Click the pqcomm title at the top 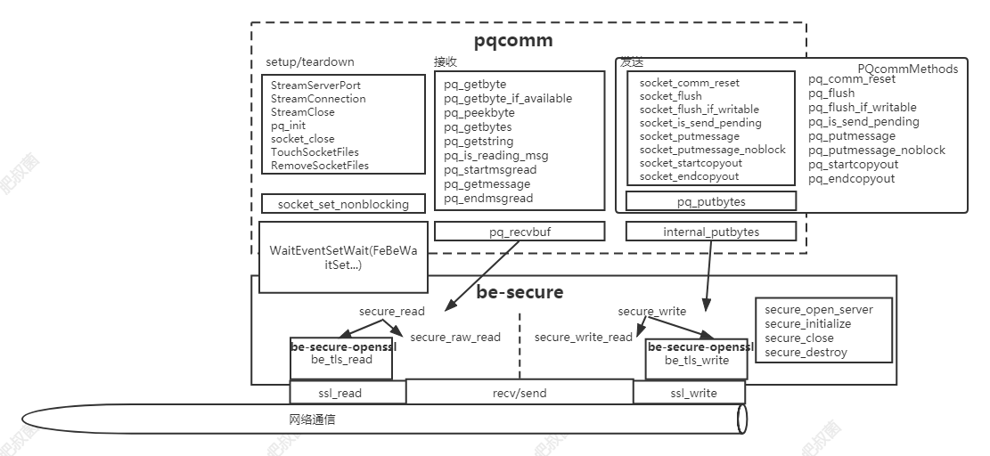point(512,40)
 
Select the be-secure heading point(520,292)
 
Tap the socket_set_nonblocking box point(343,204)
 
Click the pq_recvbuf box point(520,232)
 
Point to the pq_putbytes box point(710,201)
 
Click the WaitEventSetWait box point(343,257)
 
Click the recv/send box point(520,393)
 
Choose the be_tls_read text point(342,360)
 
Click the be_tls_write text point(697,361)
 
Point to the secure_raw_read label point(454,338)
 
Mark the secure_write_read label point(583,338)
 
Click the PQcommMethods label point(907,69)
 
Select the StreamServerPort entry point(315,85)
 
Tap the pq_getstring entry point(479,142)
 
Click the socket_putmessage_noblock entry point(712,150)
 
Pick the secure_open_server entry point(818,310)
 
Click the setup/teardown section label point(309,62)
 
